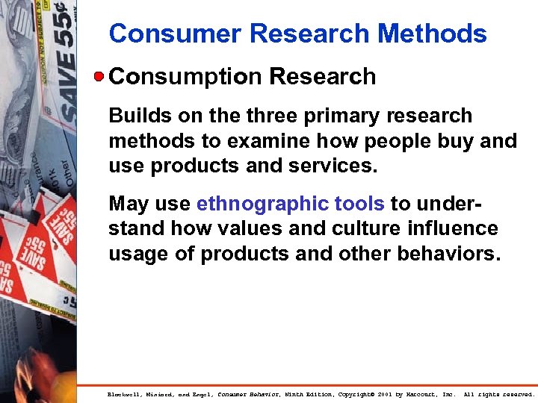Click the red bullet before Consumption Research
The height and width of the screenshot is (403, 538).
(99, 76)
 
